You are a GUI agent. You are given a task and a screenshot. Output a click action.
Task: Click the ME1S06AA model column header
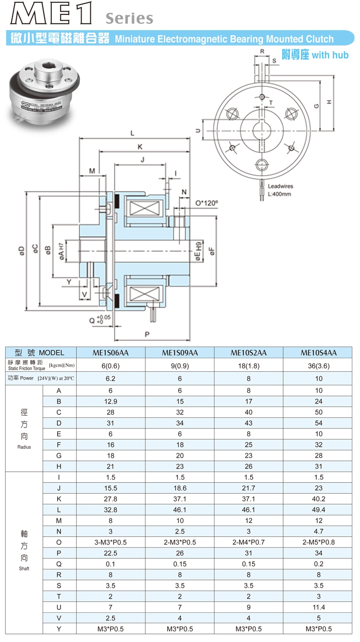110,353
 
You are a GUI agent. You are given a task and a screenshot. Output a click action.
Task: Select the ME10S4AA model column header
319,353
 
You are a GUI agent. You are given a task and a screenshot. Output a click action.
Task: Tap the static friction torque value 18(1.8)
249,365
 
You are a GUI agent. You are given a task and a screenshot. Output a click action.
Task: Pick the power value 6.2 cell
110,378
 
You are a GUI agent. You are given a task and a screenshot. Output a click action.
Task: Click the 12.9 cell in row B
110,401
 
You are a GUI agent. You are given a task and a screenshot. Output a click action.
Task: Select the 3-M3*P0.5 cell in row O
110,542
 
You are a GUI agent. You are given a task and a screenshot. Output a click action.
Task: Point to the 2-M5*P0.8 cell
319,542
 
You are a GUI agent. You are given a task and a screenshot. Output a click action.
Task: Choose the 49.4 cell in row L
319,510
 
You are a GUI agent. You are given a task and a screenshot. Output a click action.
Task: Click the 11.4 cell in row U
319,607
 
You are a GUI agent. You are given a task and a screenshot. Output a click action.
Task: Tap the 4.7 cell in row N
319,531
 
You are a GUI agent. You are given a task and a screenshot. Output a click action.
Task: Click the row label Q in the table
59,564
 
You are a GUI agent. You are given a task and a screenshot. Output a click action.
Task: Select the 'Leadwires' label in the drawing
280,186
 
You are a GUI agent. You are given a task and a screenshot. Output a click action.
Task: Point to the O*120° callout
206,203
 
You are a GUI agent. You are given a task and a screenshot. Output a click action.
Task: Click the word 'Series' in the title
129,19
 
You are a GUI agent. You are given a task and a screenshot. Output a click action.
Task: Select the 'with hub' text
330,55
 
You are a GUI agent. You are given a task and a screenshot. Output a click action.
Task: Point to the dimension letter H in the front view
329,102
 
